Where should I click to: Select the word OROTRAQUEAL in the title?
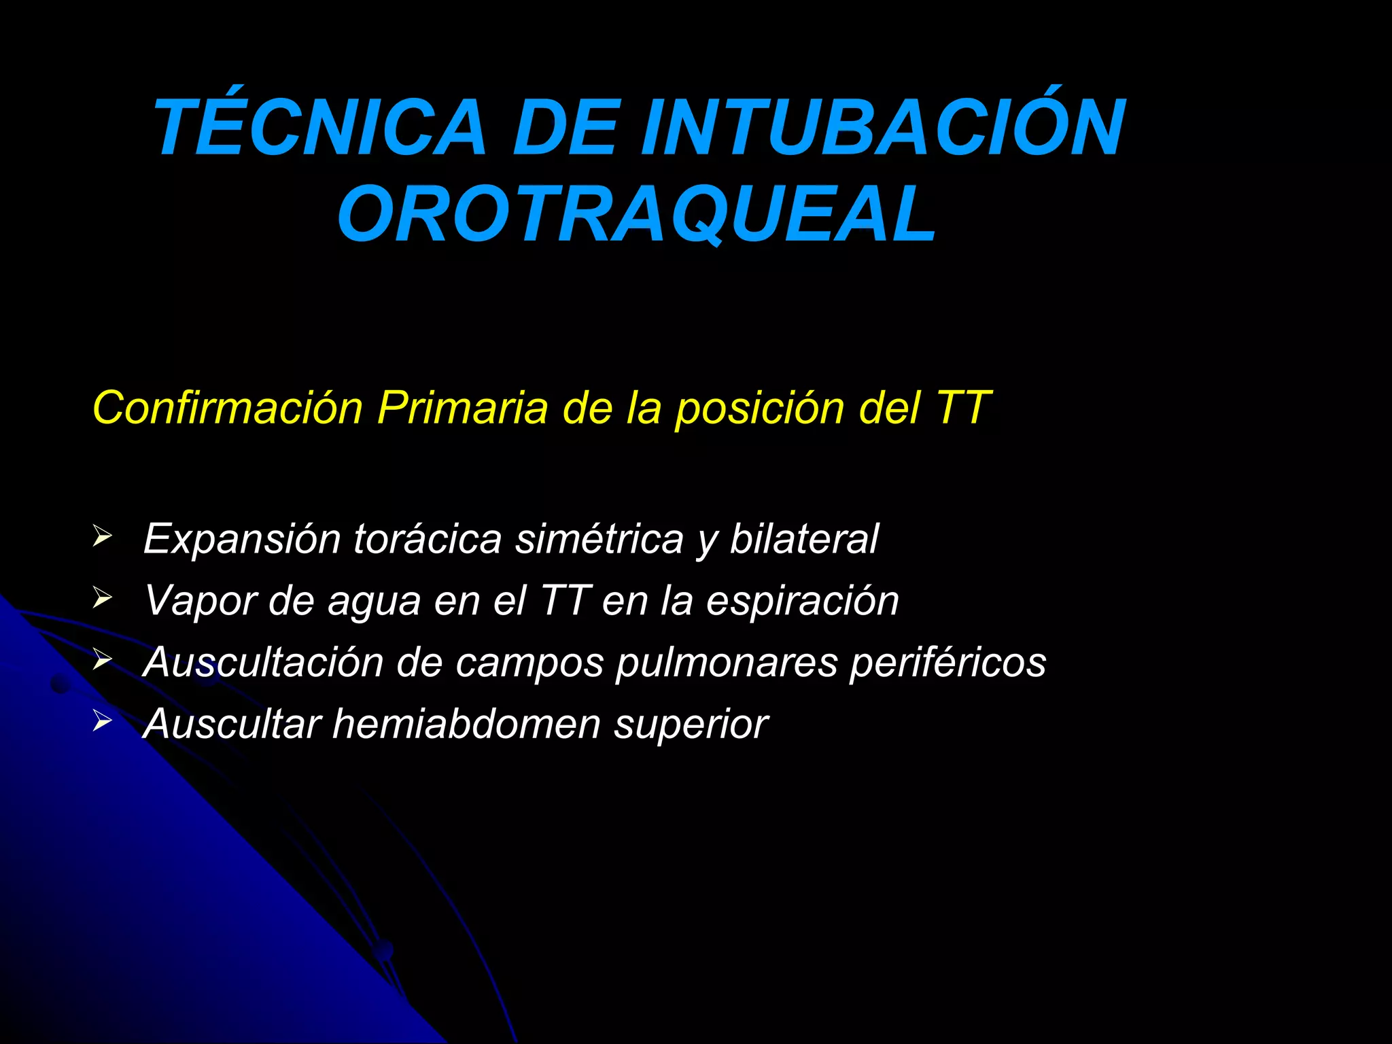pos(637,213)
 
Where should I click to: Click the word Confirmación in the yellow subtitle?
pos(228,408)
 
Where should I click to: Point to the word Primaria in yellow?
pos(462,408)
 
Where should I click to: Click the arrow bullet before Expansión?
pos(102,537)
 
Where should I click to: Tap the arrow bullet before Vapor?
pos(102,598)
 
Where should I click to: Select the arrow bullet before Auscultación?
pos(102,659)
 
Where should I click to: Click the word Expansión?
pos(242,540)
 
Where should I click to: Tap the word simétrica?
pos(599,538)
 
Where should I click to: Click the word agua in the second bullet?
pos(375,602)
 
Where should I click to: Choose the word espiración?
pos(802,601)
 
